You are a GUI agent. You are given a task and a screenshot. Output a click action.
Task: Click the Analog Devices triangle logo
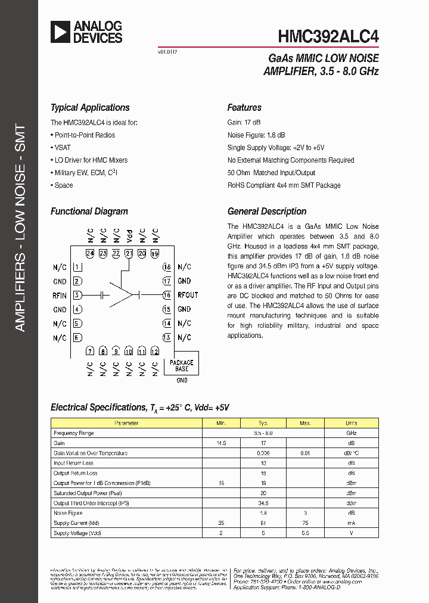coord(60,32)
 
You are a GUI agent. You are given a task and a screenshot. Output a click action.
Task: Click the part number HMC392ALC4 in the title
coord(328,36)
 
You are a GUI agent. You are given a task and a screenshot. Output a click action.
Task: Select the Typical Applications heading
coord(90,108)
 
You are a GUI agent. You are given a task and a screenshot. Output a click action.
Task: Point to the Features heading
coord(244,108)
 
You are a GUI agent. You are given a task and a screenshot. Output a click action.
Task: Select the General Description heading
coord(267,212)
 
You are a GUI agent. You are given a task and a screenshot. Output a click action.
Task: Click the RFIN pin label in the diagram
coord(60,295)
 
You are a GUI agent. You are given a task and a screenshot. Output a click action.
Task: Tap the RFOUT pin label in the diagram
coord(188,295)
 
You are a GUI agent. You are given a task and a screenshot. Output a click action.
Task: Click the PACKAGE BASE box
coord(182,366)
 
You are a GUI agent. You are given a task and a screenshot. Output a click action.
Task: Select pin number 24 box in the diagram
coord(90,253)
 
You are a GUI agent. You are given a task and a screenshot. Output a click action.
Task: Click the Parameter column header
coord(126,423)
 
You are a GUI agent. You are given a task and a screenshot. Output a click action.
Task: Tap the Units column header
coord(352,423)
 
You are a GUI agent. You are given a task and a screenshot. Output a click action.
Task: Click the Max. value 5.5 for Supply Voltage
coord(306,533)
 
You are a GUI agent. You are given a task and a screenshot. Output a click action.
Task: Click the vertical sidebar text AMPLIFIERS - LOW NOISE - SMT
coord(20,228)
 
